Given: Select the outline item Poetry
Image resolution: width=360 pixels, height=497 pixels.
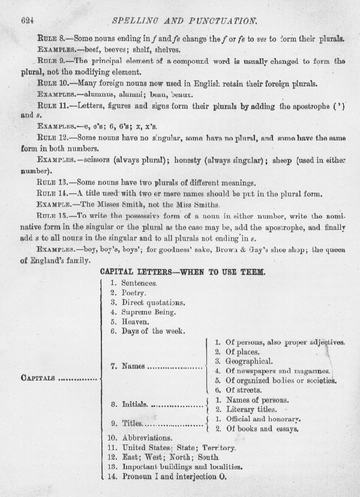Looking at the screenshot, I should [134, 292].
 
